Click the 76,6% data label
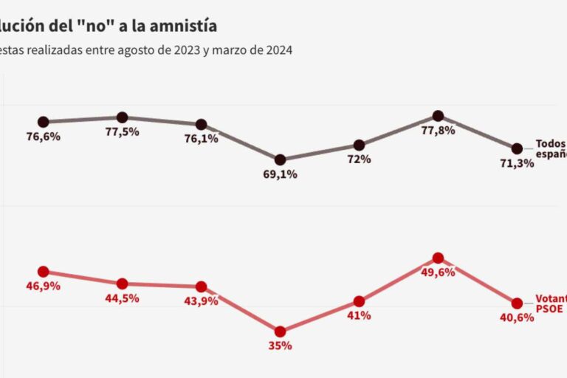44,137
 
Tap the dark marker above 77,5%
123,117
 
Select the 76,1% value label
202,138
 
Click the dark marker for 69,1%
281,159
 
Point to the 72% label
360,159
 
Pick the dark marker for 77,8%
438,116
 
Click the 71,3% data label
517,162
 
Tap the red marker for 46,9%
43,272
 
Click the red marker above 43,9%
201,286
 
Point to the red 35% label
281,346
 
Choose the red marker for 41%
360,301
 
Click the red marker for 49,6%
438,258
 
